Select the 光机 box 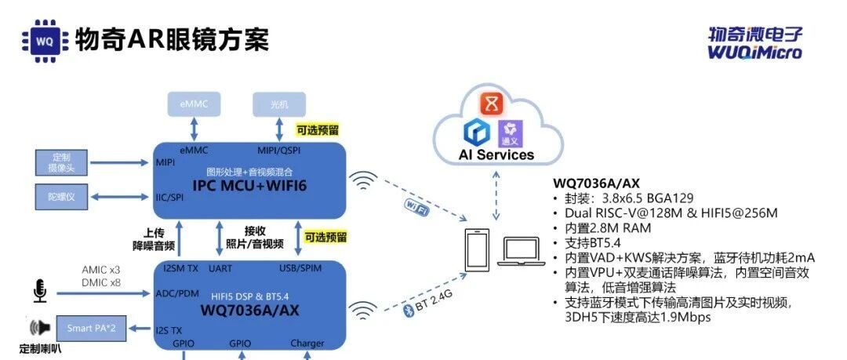(278, 104)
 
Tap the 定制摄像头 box (60, 162)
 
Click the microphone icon (39, 293)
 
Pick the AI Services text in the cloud (496, 155)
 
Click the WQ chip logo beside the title (43, 38)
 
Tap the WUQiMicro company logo (755, 42)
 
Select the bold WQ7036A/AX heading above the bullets (596, 183)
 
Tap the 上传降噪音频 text (154, 239)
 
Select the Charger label (307, 344)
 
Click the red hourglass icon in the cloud (490, 104)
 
